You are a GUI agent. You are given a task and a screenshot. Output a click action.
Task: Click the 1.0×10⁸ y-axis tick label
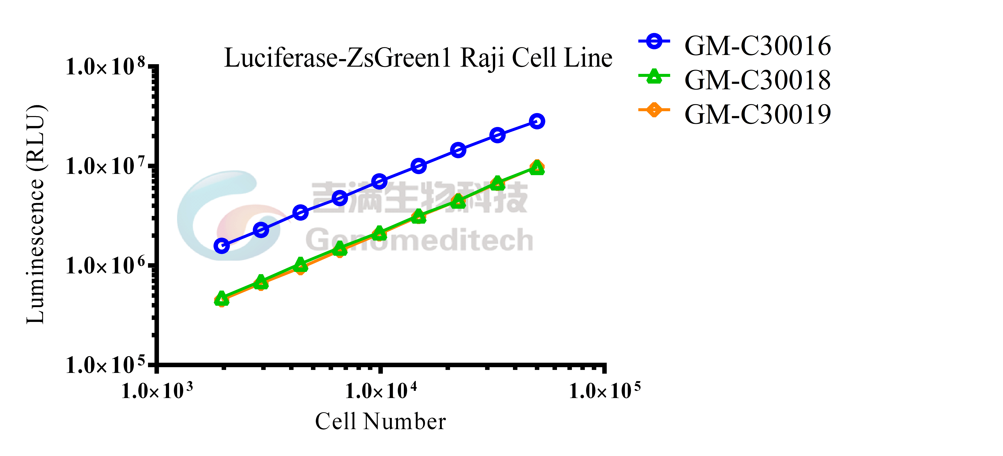click(105, 67)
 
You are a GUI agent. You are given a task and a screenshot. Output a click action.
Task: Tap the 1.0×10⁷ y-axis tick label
click(105, 167)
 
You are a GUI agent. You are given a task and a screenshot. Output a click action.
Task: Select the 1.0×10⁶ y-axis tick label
click(105, 266)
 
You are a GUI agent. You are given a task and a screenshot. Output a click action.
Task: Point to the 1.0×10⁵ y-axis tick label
click(105, 365)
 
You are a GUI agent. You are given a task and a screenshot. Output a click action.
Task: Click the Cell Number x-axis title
click(380, 422)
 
